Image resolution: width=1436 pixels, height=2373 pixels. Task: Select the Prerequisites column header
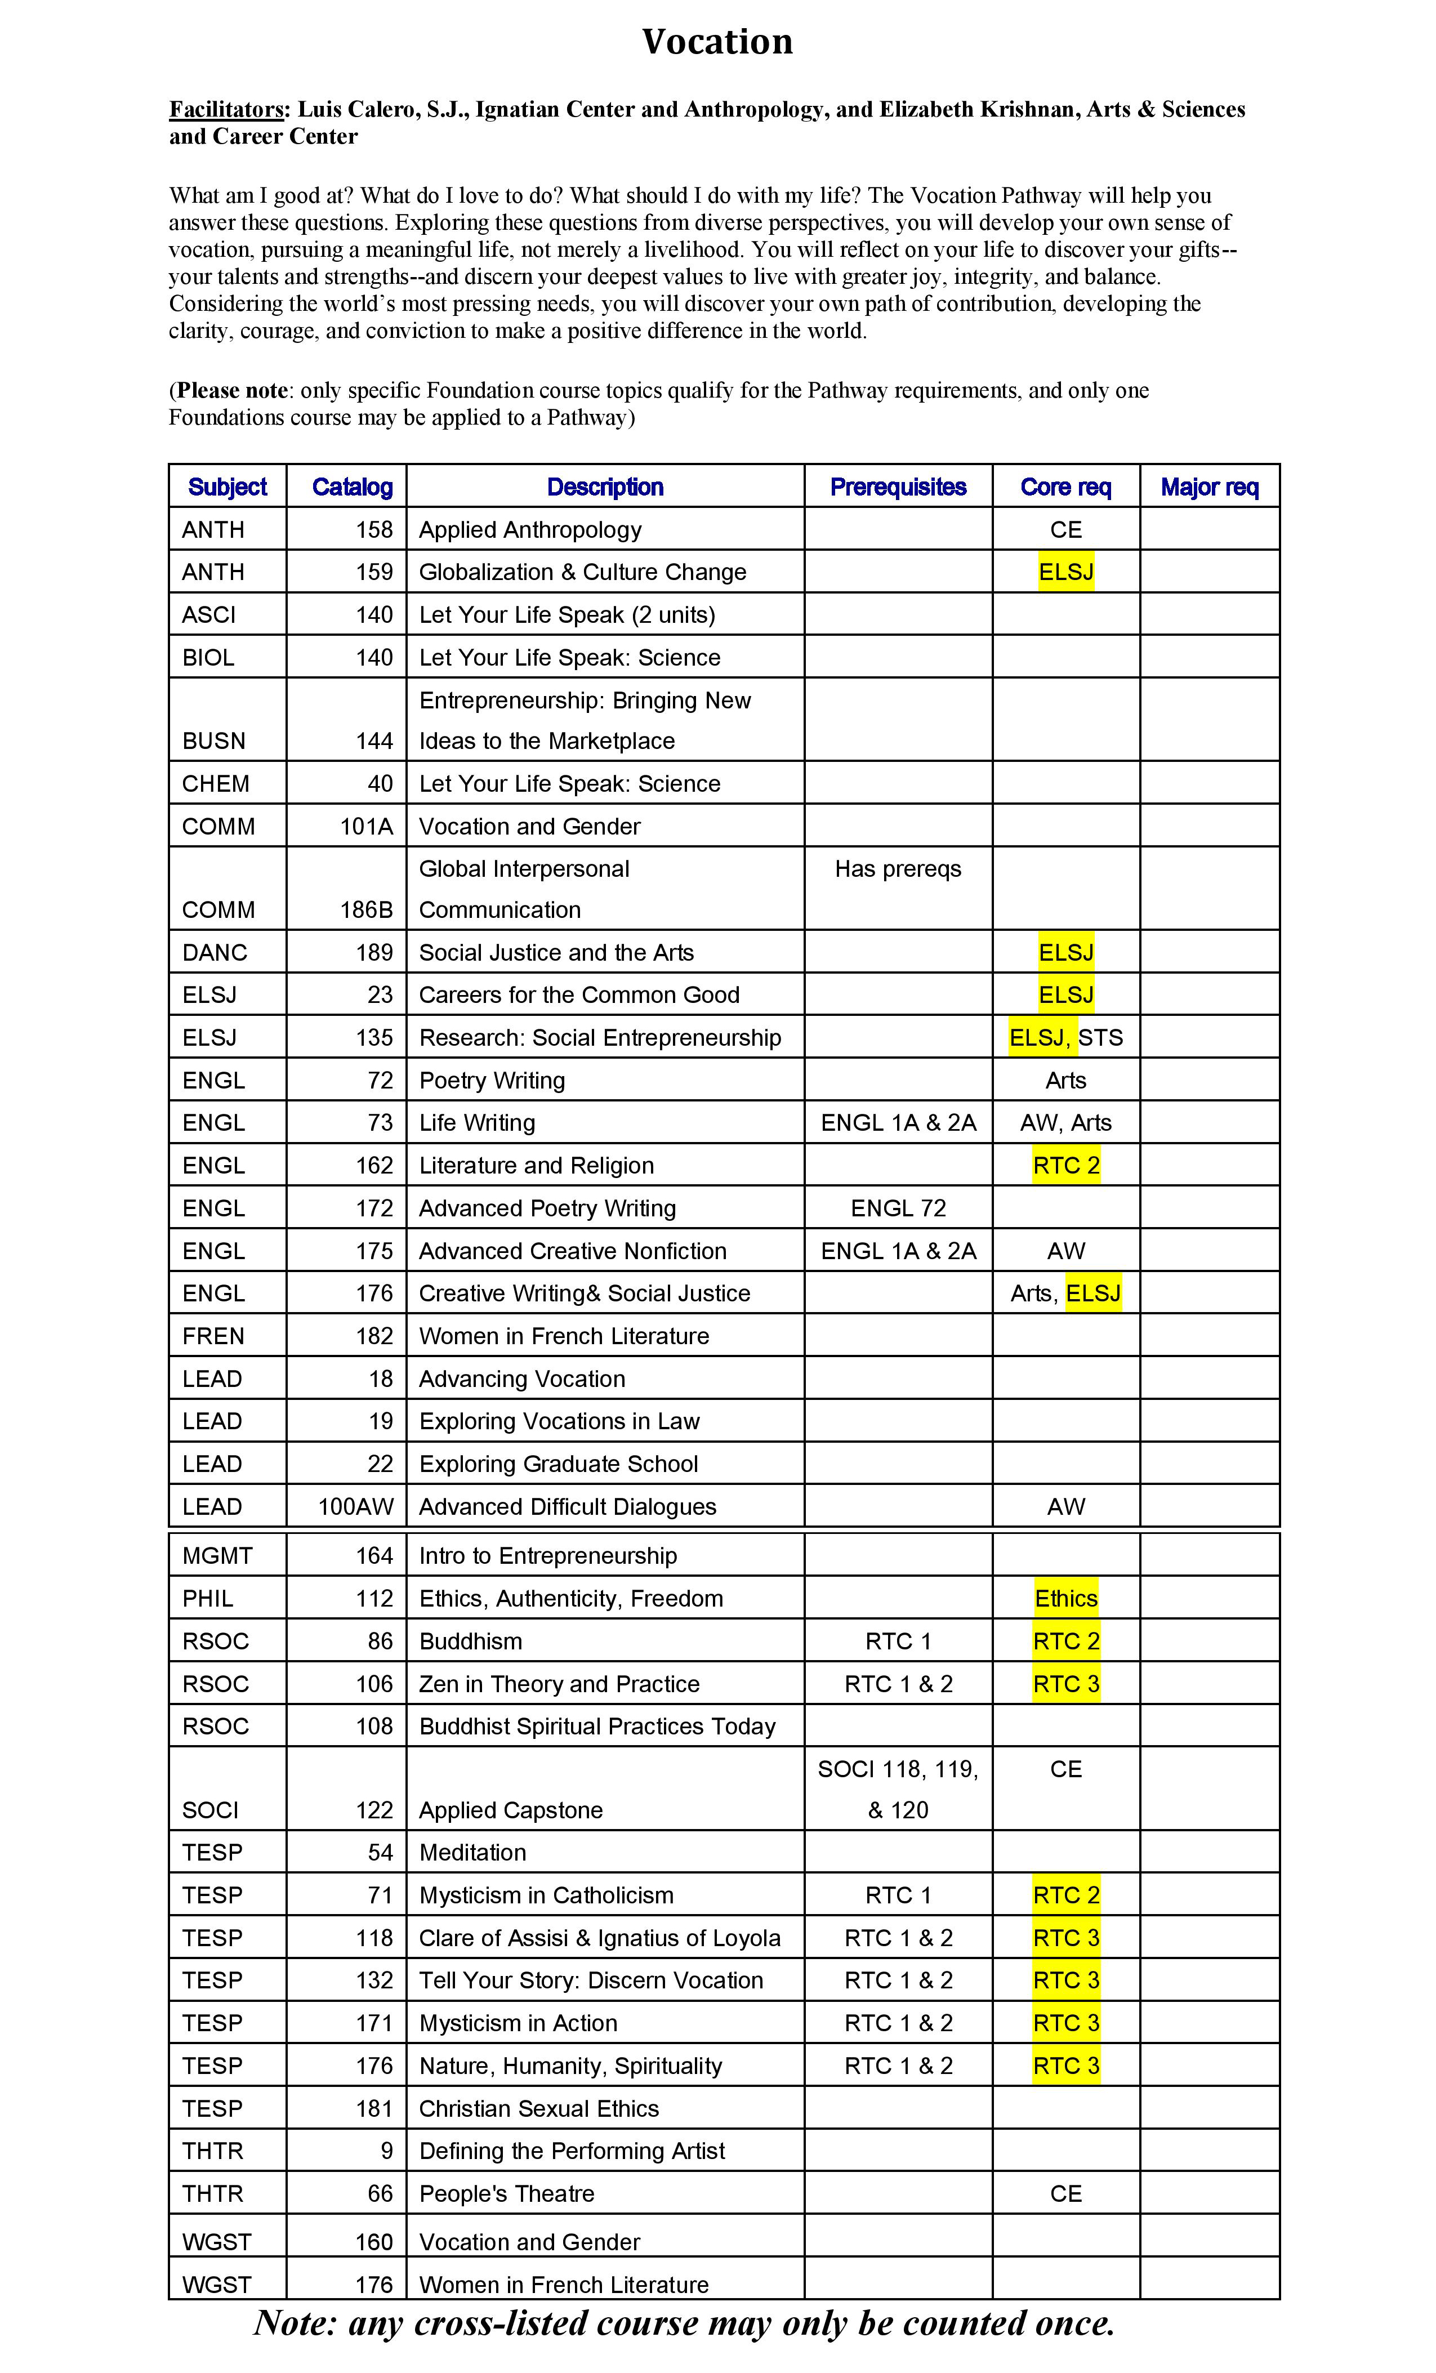click(898, 487)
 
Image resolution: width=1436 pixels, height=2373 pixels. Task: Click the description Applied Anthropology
click(530, 530)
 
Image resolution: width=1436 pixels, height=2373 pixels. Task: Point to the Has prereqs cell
click(898, 869)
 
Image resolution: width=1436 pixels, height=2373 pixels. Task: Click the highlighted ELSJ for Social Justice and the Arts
click(1065, 952)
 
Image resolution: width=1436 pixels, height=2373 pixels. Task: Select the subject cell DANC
click(215, 952)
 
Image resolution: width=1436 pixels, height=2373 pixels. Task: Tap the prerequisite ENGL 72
click(898, 1208)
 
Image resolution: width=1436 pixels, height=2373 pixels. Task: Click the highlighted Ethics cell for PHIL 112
click(1065, 1599)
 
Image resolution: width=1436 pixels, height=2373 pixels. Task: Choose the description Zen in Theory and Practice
click(559, 1683)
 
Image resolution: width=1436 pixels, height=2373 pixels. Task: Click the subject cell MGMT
click(218, 1555)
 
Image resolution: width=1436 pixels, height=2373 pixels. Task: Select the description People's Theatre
click(507, 2193)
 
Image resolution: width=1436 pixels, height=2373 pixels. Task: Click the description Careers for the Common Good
click(579, 995)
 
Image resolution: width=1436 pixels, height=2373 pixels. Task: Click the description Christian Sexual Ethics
click(538, 2108)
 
